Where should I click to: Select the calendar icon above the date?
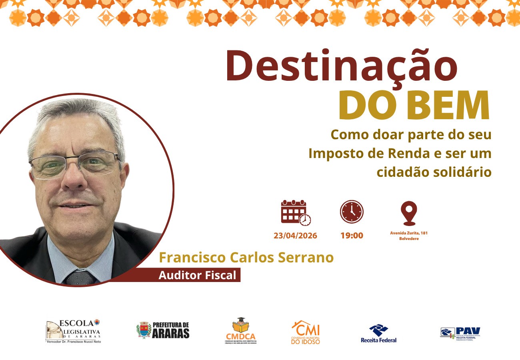(x=295, y=212)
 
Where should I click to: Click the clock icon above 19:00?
(x=352, y=212)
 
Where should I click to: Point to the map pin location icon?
(x=408, y=213)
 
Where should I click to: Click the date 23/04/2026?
(x=295, y=236)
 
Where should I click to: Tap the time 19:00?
(x=352, y=236)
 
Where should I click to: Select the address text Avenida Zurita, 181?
(x=408, y=233)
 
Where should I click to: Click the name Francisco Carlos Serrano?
(x=246, y=258)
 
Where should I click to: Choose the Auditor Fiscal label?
(x=198, y=275)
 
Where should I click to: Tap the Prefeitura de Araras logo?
(x=162, y=330)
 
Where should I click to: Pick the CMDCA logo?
(x=240, y=331)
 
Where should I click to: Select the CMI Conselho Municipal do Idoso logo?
(x=306, y=332)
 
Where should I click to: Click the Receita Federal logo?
(x=378, y=333)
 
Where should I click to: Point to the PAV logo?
(x=460, y=333)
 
